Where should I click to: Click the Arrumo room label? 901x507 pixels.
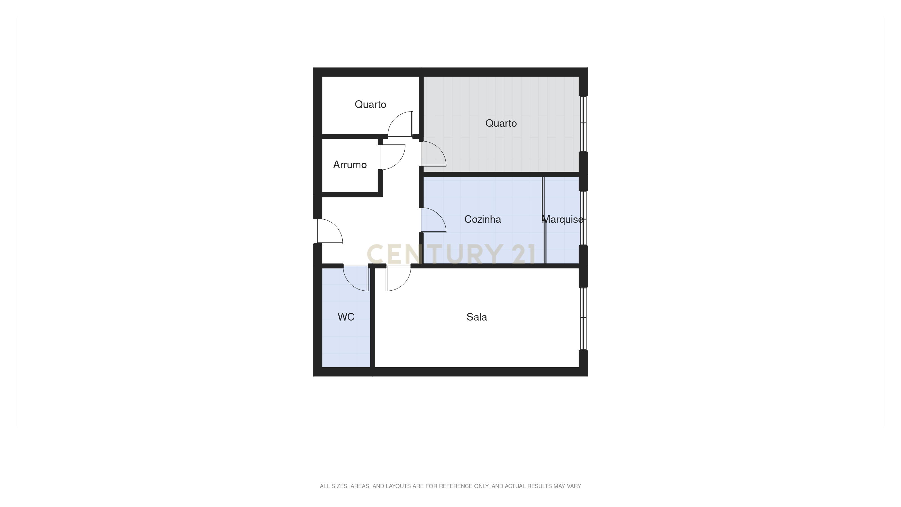click(350, 164)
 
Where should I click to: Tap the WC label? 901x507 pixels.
click(346, 317)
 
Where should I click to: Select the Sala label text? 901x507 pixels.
click(476, 317)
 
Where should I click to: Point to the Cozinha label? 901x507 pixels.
click(482, 219)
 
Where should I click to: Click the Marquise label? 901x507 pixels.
click(563, 219)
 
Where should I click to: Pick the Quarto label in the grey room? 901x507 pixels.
click(501, 123)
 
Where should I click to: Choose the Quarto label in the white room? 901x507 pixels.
click(370, 104)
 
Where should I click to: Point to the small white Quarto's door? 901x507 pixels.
click(400, 124)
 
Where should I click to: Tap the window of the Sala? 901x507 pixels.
click(583, 318)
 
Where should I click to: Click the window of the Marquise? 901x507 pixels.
click(583, 218)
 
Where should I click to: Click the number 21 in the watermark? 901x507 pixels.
click(523, 254)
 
